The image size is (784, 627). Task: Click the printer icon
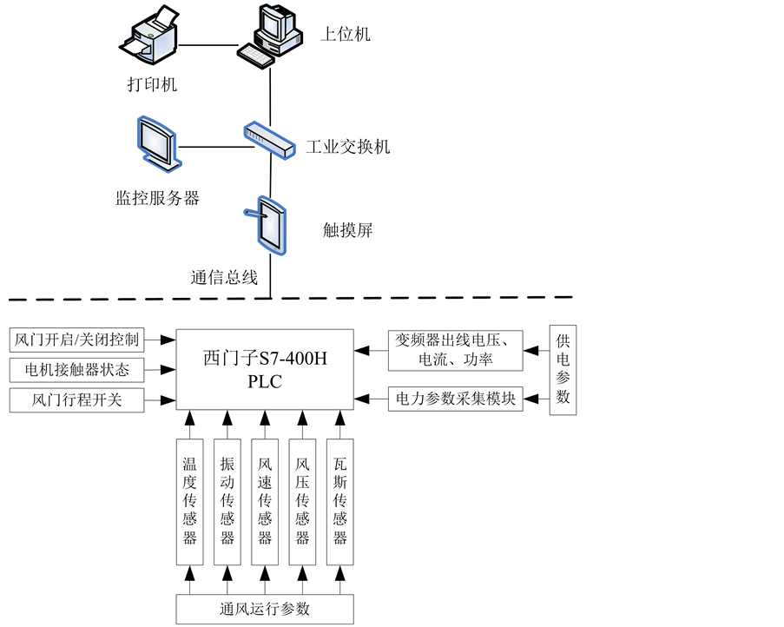pyautogui.click(x=152, y=36)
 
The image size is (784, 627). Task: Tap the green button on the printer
pyautogui.click(x=150, y=36)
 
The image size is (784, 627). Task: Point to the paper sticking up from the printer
pyautogui.click(x=165, y=17)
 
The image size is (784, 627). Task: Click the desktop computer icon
pyautogui.click(x=273, y=35)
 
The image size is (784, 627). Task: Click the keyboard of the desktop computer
pyautogui.click(x=256, y=56)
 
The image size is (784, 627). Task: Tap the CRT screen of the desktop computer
pyautogui.click(x=272, y=21)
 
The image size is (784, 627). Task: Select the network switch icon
pyautogui.click(x=269, y=140)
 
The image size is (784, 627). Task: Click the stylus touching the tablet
pyautogui.click(x=253, y=211)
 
